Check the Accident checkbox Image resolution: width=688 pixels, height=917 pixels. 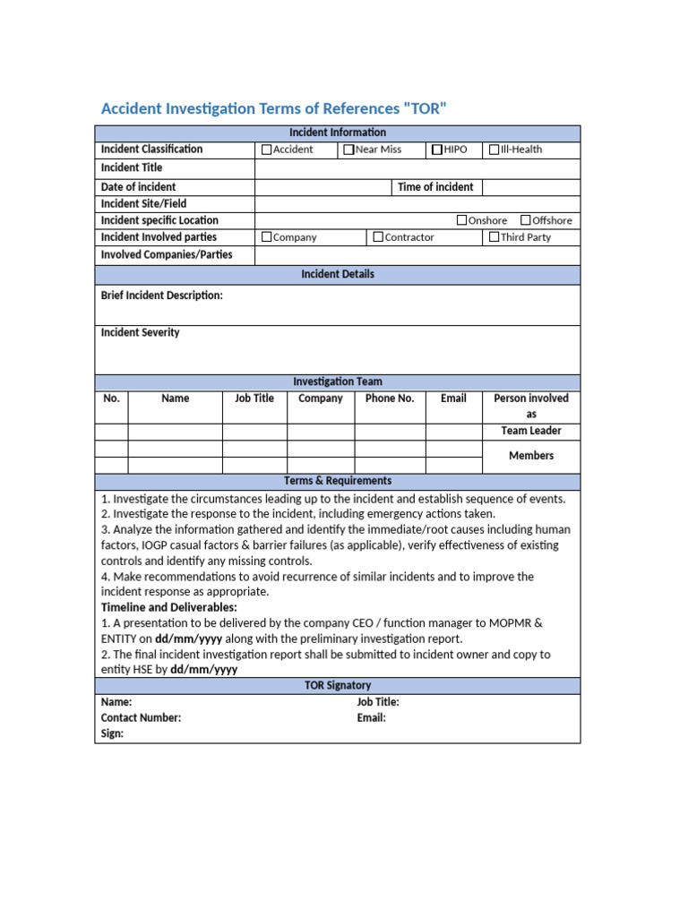pyautogui.click(x=266, y=150)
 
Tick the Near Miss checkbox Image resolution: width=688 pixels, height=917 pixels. pyautogui.click(x=348, y=150)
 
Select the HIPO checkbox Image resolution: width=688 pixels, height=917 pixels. pyautogui.click(x=437, y=150)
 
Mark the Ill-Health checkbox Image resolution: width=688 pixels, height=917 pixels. pyautogui.click(x=494, y=150)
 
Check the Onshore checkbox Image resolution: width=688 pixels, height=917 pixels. pyautogui.click(x=462, y=220)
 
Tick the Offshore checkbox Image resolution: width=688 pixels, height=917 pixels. pyautogui.click(x=526, y=220)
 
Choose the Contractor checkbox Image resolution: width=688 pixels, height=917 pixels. pyautogui.click(x=378, y=237)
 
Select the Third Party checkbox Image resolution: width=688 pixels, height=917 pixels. pyautogui.click(x=494, y=237)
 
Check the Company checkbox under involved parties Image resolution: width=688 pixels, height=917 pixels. pyautogui.click(x=266, y=237)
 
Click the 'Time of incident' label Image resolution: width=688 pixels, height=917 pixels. pyautogui.click(x=435, y=187)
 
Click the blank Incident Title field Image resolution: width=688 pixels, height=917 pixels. pyautogui.click(x=417, y=168)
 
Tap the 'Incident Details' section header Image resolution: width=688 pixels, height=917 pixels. pyautogui.click(x=338, y=274)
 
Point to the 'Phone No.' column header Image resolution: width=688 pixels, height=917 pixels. pyautogui.click(x=390, y=399)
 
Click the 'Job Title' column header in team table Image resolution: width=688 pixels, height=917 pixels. pyautogui.click(x=254, y=399)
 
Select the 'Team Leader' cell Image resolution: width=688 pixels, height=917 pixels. pyautogui.click(x=531, y=431)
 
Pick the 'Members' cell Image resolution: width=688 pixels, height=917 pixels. pyautogui.click(x=531, y=456)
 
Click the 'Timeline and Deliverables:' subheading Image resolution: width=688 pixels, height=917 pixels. pyautogui.click(x=169, y=608)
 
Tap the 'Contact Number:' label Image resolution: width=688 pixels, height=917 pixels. pyautogui.click(x=141, y=718)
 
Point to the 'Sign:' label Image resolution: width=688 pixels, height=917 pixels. pyautogui.click(x=112, y=734)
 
